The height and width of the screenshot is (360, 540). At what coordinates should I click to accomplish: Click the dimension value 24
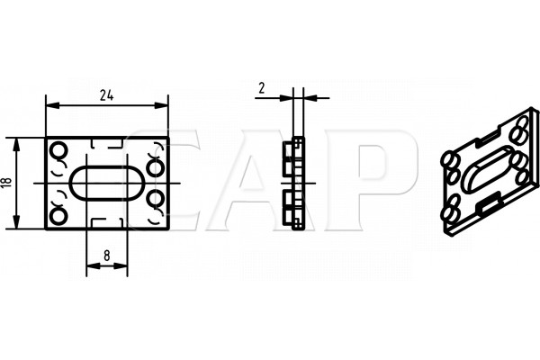[x=107, y=95]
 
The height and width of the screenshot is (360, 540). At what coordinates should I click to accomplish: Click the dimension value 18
[x=7, y=182]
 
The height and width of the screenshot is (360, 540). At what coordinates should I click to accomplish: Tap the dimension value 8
[x=107, y=256]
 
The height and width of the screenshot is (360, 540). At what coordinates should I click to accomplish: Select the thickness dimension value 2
[x=262, y=88]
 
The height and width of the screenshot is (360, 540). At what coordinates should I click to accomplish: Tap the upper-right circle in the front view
[x=155, y=167]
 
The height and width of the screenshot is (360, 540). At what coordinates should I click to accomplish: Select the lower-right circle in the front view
[x=155, y=199]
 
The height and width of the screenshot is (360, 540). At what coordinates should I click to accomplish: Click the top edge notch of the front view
[x=107, y=144]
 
